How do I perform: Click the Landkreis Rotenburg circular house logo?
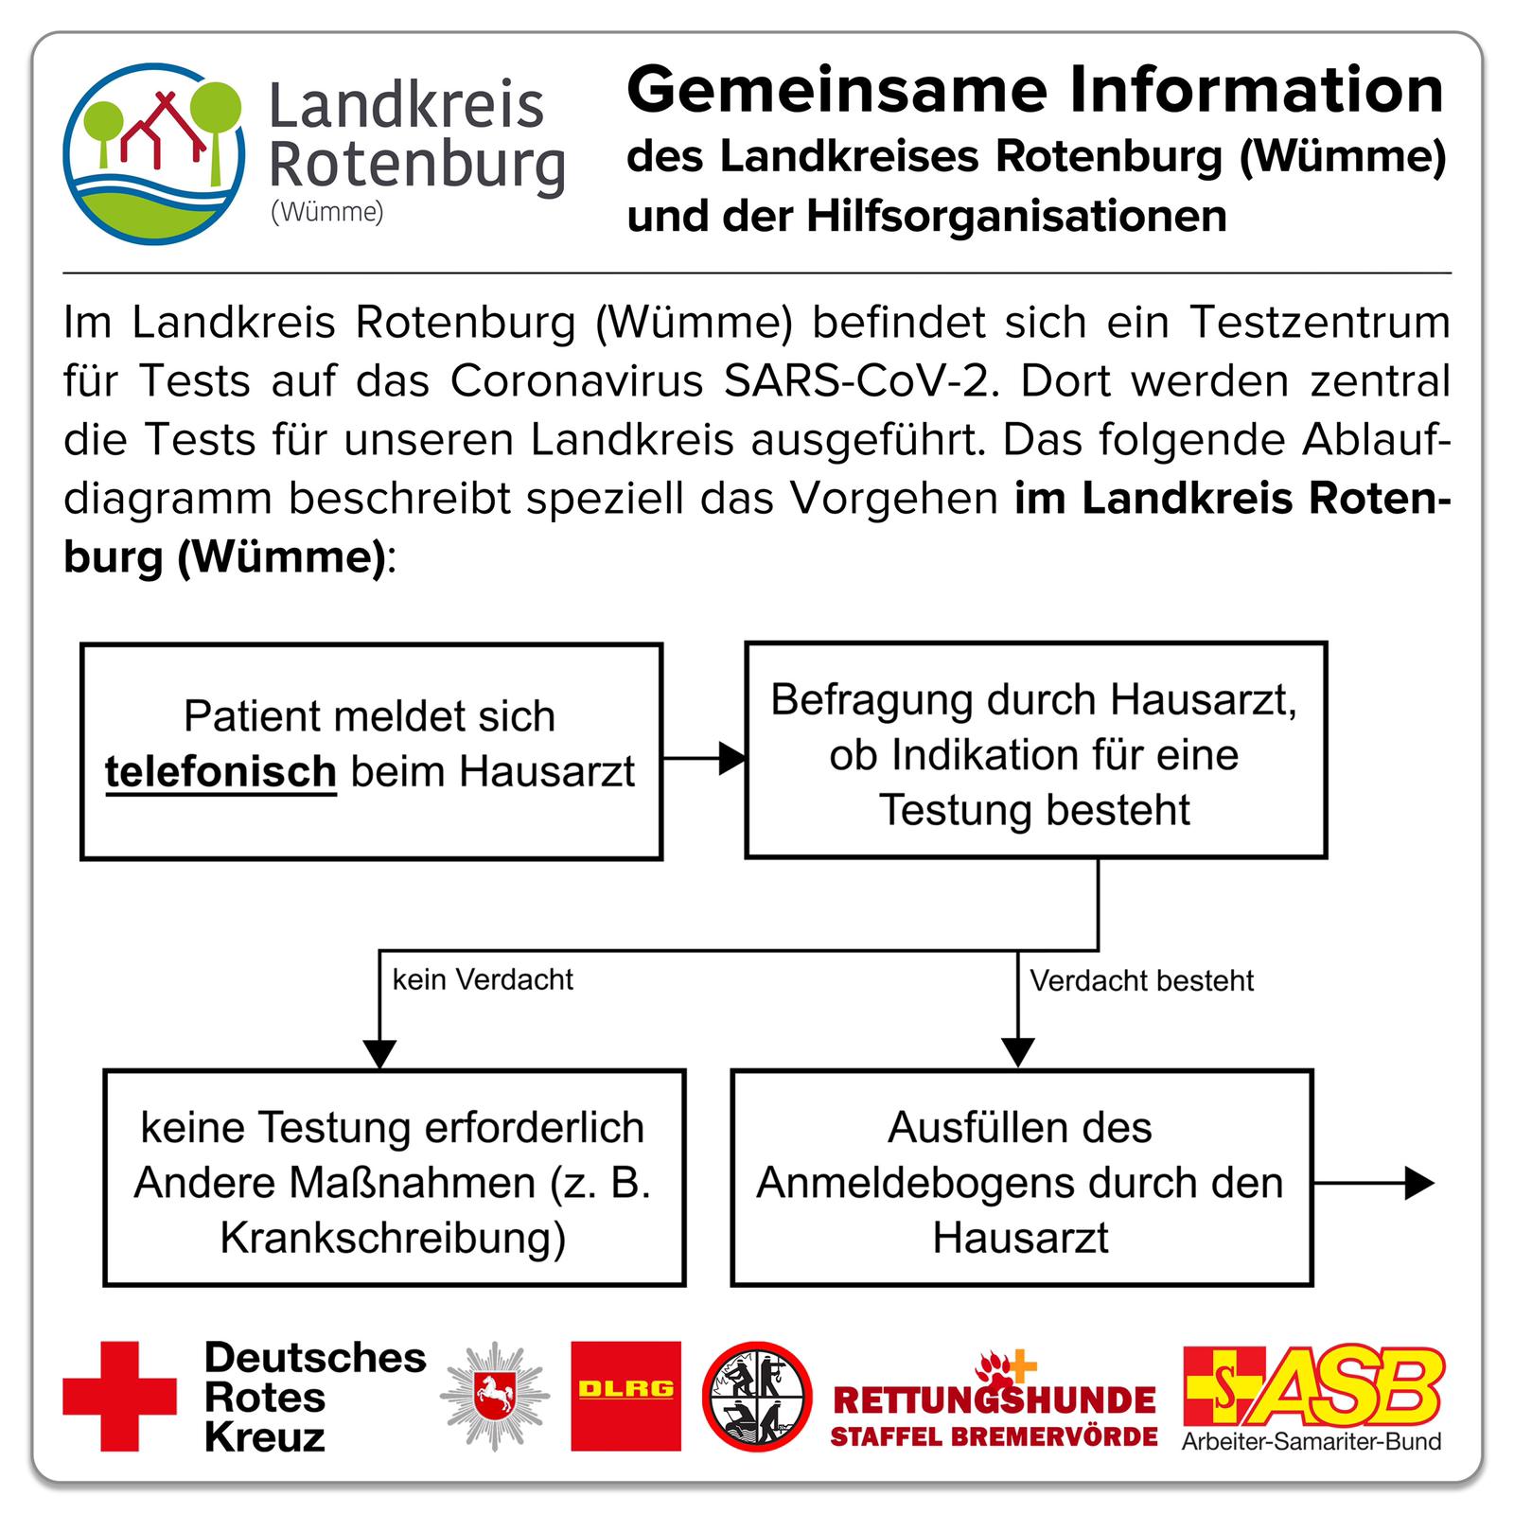[x=154, y=153]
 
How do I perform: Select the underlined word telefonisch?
[x=220, y=773]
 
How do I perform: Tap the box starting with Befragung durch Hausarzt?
[x=1036, y=750]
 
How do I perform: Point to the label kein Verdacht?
[x=483, y=979]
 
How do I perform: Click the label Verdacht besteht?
[x=1141, y=980]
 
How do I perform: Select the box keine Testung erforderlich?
[x=394, y=1178]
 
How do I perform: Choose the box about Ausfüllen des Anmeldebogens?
[x=1022, y=1178]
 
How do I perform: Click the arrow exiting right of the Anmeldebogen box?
[x=1374, y=1183]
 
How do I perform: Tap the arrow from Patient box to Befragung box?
[x=704, y=758]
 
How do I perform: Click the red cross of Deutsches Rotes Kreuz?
[x=119, y=1397]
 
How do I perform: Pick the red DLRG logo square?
[x=625, y=1396]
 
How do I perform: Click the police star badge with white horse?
[x=494, y=1397]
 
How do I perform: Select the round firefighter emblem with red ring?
[x=757, y=1397]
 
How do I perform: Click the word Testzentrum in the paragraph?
[x=1319, y=323]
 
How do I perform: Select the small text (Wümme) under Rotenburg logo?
[x=327, y=212]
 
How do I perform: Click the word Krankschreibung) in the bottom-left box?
[x=394, y=1239]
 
